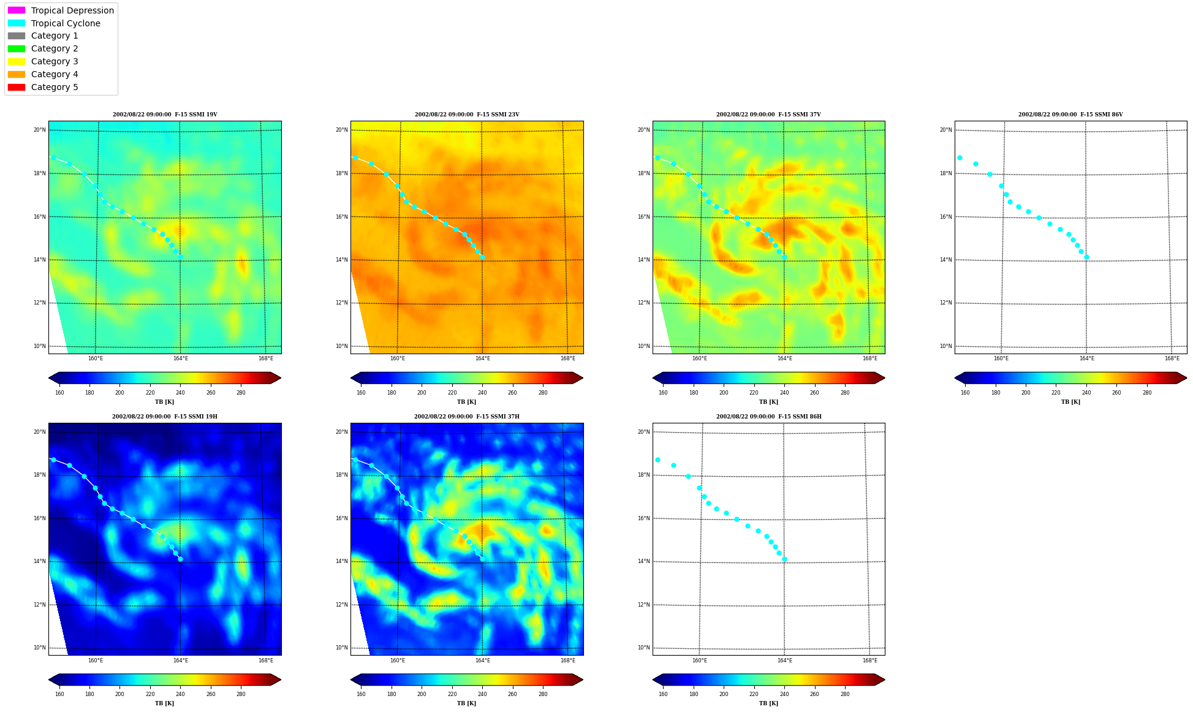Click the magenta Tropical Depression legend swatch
(17, 10)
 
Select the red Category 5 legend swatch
(17, 87)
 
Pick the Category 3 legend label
(55, 61)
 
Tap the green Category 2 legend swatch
(17, 48)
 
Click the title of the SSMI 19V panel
(165, 115)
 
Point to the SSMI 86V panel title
(1070, 115)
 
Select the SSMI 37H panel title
(467, 417)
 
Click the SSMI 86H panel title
(769, 417)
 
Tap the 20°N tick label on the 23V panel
(341, 130)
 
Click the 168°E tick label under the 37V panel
(870, 358)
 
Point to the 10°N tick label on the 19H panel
(39, 648)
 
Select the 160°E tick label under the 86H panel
(700, 661)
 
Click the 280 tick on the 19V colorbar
(241, 393)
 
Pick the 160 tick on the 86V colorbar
(965, 393)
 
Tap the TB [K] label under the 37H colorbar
(466, 703)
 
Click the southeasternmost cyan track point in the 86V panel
(1086, 257)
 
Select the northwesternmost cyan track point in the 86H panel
(657, 460)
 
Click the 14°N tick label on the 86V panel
(945, 260)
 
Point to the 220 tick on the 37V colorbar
(754, 393)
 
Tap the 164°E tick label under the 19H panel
(181, 661)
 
